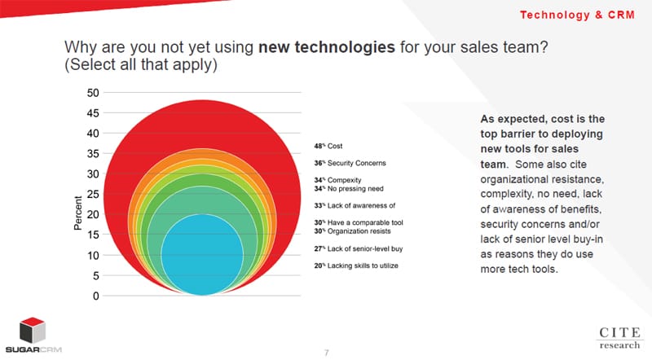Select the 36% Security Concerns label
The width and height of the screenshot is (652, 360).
(350, 163)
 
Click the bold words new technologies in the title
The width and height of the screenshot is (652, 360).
(328, 46)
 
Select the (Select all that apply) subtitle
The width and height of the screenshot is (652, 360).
(139, 65)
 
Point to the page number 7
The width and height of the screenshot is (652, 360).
(326, 353)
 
